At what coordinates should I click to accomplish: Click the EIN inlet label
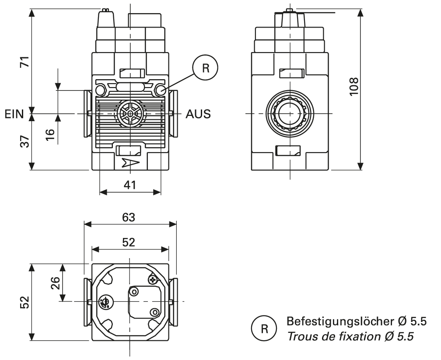point(15,114)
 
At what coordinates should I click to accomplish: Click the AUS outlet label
point(198,114)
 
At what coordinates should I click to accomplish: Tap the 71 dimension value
point(27,62)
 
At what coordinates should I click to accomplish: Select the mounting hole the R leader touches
point(160,91)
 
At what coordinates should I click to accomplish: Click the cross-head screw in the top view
point(153,280)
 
